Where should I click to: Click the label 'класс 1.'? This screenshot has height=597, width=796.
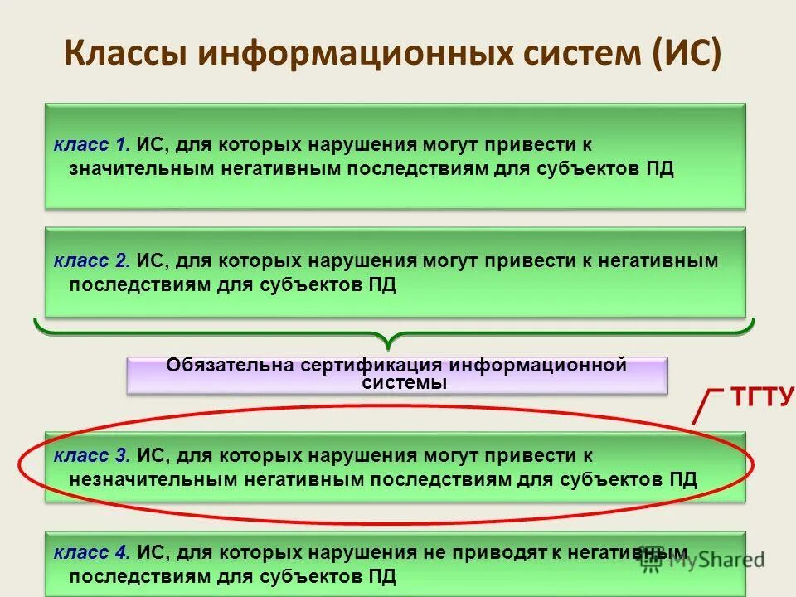[x=91, y=145]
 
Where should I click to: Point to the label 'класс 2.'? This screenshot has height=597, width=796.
[x=91, y=260]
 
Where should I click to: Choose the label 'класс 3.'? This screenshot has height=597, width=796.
[x=91, y=455]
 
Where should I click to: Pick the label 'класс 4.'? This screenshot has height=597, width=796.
[x=91, y=551]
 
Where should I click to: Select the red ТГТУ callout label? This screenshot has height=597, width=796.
[x=761, y=397]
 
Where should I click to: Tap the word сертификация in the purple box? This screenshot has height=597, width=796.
[x=371, y=365]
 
